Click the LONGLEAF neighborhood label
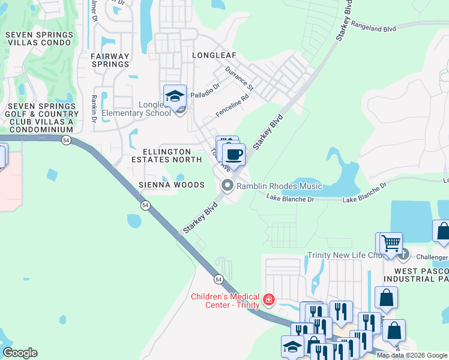pyautogui.click(x=214, y=55)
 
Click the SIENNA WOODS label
pyautogui.click(x=172, y=185)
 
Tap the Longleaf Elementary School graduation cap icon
pyautogui.click(x=175, y=96)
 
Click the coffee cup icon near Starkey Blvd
pyautogui.click(x=234, y=154)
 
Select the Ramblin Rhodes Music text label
pyautogui.click(x=279, y=187)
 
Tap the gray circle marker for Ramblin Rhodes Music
pyautogui.click(x=227, y=186)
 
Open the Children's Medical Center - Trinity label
pyautogui.click(x=225, y=300)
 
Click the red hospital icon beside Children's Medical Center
pyautogui.click(x=269, y=299)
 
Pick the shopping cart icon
pyautogui.click(x=391, y=244)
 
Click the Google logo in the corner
pyautogui.click(x=20, y=353)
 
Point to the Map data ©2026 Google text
pyautogui.click(x=411, y=355)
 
